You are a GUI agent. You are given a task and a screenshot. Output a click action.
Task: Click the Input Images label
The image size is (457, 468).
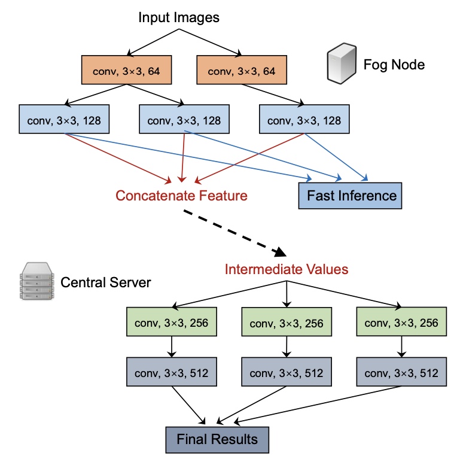[x=179, y=17]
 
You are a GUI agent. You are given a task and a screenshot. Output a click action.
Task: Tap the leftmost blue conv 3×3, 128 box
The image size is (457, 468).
[x=64, y=120]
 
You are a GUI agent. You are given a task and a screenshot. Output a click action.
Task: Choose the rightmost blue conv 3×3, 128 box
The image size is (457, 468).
[x=304, y=120]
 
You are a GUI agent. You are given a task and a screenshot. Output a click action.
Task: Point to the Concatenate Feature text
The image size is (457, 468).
[x=181, y=196]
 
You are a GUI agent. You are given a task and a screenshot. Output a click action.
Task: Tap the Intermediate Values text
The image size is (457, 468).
[x=287, y=269]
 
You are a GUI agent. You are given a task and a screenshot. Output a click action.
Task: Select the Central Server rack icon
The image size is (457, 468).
[x=35, y=281]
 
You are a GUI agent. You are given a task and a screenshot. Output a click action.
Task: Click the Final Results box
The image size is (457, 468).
[x=217, y=439]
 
